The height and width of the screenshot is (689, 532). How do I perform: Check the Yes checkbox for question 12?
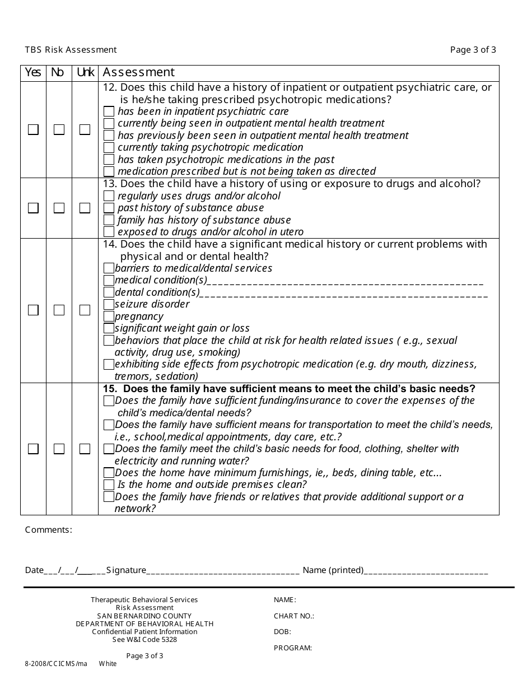click(34, 129)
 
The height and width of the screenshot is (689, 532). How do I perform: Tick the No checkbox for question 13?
click(59, 208)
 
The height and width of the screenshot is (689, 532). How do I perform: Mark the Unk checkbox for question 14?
click(85, 310)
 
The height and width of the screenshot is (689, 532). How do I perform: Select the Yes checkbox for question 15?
click(34, 449)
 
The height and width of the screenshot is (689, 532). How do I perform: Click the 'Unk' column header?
click(85, 72)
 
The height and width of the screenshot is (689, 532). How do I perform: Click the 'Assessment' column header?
click(139, 72)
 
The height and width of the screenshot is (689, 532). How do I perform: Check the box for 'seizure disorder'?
click(109, 304)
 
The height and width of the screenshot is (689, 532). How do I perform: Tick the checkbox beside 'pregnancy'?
click(109, 316)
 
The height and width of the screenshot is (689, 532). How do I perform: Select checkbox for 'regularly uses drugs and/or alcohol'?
click(109, 196)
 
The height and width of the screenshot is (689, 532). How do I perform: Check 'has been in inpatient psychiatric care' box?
click(109, 111)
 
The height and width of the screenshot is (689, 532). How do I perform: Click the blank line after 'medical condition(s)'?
click(345, 282)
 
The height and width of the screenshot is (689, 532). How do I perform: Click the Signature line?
click(223, 572)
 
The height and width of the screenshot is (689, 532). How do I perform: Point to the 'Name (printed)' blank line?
click(426, 572)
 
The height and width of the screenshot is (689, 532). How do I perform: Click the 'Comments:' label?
click(49, 530)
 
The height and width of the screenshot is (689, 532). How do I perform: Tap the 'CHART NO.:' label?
click(294, 616)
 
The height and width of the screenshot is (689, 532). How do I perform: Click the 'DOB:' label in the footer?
click(282, 632)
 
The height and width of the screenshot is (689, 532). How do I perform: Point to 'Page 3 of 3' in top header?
click(473, 50)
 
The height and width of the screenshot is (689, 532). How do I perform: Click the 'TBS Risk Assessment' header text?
click(71, 50)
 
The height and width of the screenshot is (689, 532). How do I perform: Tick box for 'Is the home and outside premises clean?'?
click(109, 485)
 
